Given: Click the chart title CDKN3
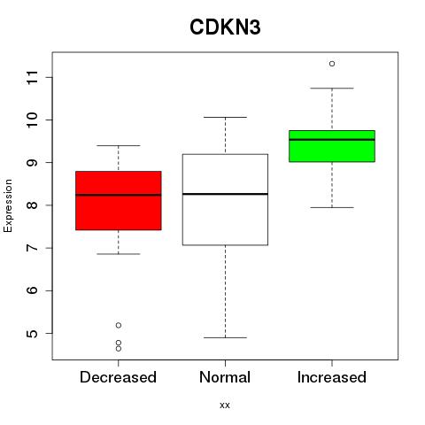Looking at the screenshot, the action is pyautogui.click(x=225, y=27).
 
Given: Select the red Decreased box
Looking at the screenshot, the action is pyautogui.click(x=119, y=200).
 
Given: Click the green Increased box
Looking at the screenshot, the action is pyautogui.click(x=332, y=146).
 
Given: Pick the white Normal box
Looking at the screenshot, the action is pyautogui.click(x=225, y=199).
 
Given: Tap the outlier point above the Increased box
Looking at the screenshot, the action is pyautogui.click(x=332, y=64).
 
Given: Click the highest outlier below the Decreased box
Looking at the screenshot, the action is pyautogui.click(x=119, y=325).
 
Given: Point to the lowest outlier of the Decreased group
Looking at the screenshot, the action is pyautogui.click(x=119, y=349).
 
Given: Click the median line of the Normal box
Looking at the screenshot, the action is pyautogui.click(x=225, y=194).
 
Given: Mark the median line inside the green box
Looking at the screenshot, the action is pyautogui.click(x=332, y=140).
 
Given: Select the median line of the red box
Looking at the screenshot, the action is pyautogui.click(x=119, y=195).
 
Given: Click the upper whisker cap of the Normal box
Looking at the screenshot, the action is pyautogui.click(x=225, y=117).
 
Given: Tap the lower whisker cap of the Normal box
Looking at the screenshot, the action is pyautogui.click(x=225, y=337).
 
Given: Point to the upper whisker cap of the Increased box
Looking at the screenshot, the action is pyautogui.click(x=332, y=88).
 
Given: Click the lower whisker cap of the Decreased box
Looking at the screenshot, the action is pyautogui.click(x=119, y=254).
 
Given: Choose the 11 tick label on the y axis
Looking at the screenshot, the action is pyautogui.click(x=32, y=77).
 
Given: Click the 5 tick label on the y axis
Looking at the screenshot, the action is pyautogui.click(x=32, y=334).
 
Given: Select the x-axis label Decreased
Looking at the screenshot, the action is pyautogui.click(x=118, y=377).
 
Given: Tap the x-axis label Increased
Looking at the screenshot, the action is pyautogui.click(x=332, y=377).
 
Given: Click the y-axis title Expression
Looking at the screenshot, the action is pyautogui.click(x=8, y=205).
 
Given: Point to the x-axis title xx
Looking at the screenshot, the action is pyautogui.click(x=225, y=406).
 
